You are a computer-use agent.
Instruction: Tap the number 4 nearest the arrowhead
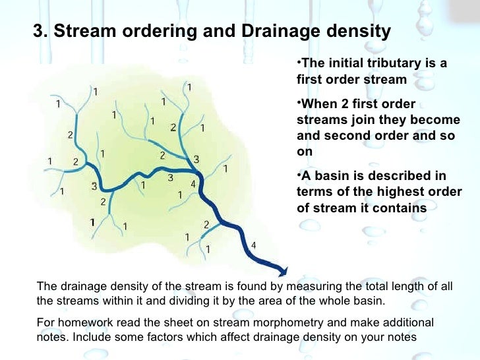tap(254, 245)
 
